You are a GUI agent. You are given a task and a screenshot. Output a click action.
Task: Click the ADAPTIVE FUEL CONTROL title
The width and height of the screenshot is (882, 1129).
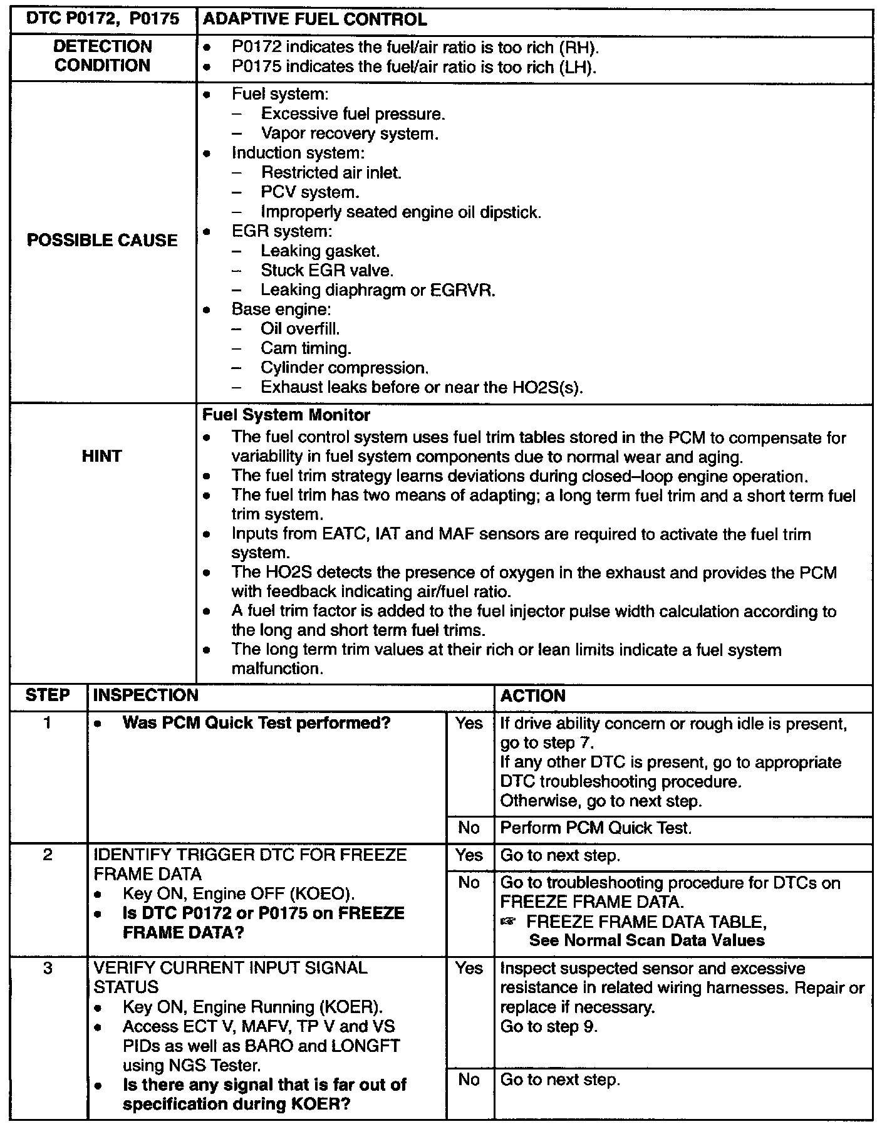click(x=315, y=20)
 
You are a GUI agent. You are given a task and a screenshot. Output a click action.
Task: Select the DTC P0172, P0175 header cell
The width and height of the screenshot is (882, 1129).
click(x=103, y=20)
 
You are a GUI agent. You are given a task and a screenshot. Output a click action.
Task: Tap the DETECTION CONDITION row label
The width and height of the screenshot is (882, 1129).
click(x=103, y=56)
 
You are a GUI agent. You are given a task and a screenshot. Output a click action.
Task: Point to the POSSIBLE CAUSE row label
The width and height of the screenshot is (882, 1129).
click(x=102, y=241)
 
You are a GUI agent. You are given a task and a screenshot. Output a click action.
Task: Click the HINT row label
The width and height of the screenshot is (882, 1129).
click(x=101, y=456)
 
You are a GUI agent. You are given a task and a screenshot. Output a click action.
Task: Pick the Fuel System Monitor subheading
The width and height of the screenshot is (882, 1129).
click(x=286, y=415)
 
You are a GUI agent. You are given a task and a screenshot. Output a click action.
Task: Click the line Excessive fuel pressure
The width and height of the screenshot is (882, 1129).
click(x=353, y=114)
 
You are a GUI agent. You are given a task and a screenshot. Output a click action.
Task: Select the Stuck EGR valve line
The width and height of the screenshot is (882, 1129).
click(x=327, y=271)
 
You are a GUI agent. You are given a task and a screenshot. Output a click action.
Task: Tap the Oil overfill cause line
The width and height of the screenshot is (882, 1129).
click(x=300, y=329)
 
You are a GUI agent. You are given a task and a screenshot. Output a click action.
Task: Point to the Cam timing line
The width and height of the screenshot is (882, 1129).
click(x=306, y=348)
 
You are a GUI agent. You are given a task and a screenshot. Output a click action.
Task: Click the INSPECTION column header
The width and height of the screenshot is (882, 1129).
click(x=146, y=695)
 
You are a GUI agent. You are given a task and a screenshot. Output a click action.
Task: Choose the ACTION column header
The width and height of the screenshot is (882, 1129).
click(x=532, y=695)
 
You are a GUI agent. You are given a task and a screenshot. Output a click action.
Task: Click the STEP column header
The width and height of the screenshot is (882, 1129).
click(x=48, y=695)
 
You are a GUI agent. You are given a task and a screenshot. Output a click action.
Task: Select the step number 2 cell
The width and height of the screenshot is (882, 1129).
click(x=48, y=855)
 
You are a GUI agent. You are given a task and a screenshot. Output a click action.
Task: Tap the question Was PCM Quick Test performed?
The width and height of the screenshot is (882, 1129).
click(x=256, y=723)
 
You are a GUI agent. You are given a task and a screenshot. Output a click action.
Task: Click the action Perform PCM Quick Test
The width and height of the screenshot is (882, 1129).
click(x=596, y=828)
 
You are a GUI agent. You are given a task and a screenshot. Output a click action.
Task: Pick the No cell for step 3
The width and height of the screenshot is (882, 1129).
click(x=469, y=1080)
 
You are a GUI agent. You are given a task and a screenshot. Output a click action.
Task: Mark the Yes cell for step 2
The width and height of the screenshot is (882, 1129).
click(x=469, y=856)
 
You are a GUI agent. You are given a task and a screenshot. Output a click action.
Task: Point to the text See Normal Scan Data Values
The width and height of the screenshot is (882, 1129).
click(x=646, y=940)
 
